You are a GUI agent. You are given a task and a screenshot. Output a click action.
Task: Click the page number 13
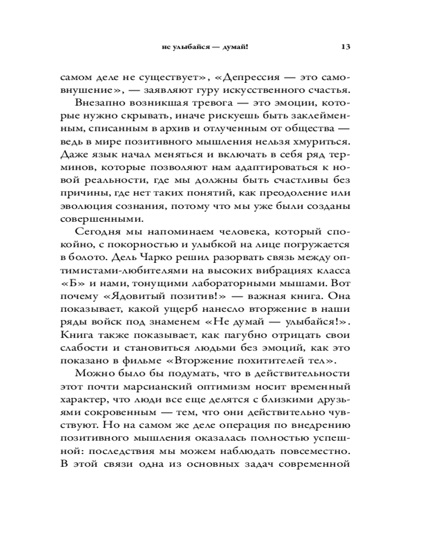tap(345, 46)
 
